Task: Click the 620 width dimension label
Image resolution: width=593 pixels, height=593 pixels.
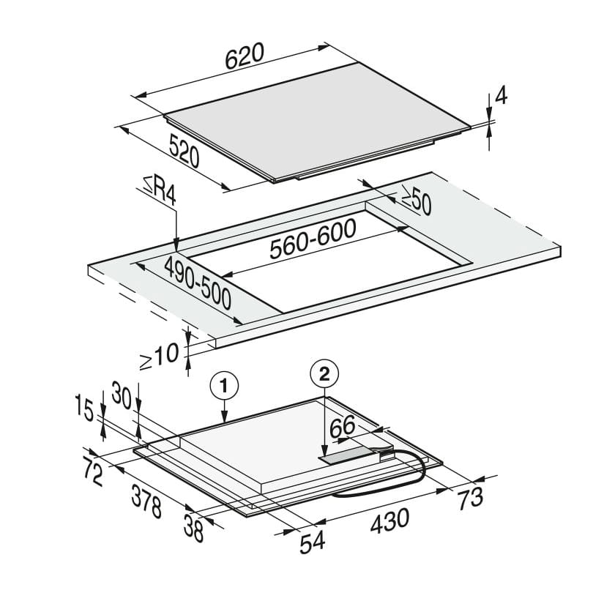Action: (x=245, y=56)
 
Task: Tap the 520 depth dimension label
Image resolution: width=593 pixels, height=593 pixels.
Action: (x=184, y=152)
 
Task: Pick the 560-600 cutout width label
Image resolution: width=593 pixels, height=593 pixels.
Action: (x=313, y=238)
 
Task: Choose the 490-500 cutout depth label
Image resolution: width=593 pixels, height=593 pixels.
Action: (x=198, y=282)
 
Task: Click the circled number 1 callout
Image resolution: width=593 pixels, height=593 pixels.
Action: (x=224, y=387)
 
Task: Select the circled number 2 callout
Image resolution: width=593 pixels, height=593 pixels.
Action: (x=324, y=374)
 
